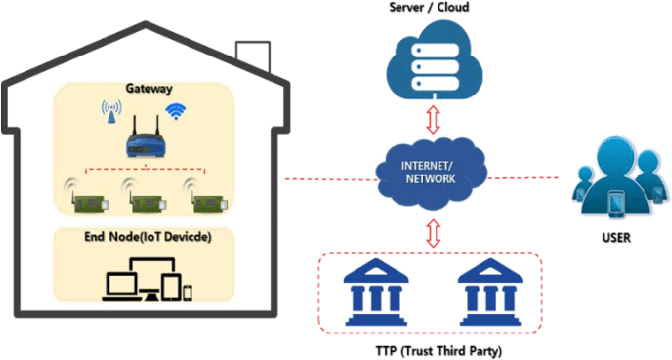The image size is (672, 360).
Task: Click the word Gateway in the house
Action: (148, 89)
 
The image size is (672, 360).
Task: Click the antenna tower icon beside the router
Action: (112, 113)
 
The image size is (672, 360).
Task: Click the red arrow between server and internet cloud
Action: (433, 121)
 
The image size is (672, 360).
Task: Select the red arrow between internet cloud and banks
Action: (433, 233)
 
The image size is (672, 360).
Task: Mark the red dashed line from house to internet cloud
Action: (328, 177)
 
